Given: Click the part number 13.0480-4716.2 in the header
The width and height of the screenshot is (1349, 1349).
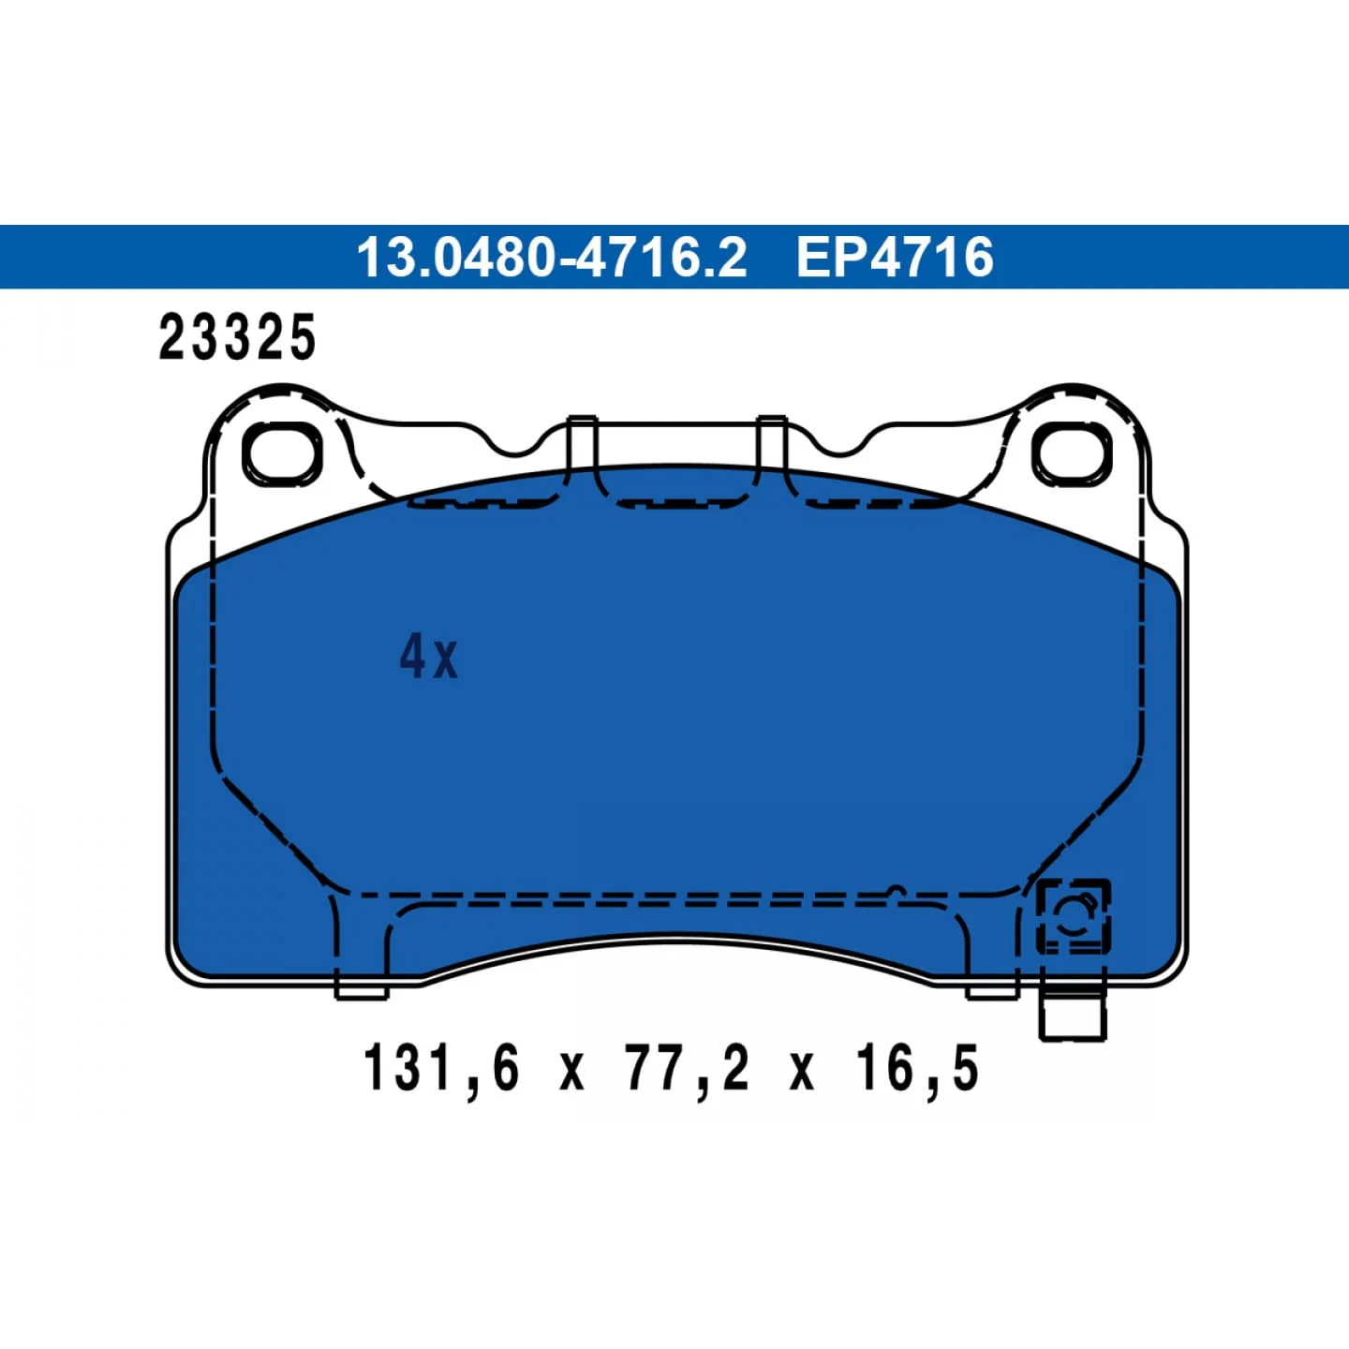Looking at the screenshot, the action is pos(553,257).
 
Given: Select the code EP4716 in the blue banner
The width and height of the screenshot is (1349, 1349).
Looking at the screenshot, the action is pos(895,257).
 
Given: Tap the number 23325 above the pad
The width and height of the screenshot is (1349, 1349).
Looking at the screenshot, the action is pos(237,337).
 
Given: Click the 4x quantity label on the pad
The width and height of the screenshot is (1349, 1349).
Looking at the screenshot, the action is pos(428,659).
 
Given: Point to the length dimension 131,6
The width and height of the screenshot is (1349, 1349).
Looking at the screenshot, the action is pos(442,1068).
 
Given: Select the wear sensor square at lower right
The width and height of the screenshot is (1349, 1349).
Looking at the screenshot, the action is pos(1074,916).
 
